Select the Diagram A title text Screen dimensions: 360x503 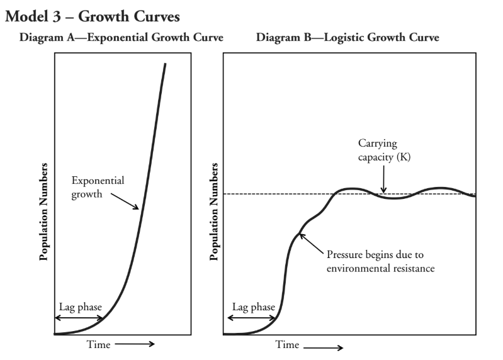pos(122,38)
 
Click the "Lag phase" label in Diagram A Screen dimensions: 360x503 pos(80,307)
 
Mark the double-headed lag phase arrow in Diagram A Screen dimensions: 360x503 pos(79,318)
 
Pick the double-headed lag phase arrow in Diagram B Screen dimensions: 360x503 pos(251,318)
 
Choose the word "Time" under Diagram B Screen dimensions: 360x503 pos(287,345)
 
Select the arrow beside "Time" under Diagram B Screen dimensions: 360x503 pos(324,347)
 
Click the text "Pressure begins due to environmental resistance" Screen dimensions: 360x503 pos(381,262)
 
